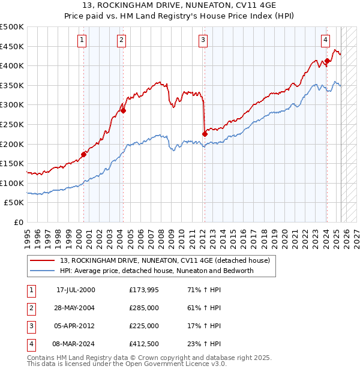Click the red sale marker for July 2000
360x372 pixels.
[83, 154]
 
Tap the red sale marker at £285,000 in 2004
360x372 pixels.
[123, 110]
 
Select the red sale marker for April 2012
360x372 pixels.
[205, 134]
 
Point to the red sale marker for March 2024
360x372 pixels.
[327, 61]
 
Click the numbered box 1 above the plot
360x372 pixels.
[82, 40]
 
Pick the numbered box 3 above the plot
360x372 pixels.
[203, 40]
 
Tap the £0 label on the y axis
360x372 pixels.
[19, 222]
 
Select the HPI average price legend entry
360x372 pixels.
[157, 271]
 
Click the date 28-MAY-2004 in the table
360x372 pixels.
[76, 308]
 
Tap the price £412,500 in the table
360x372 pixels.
[144, 344]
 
